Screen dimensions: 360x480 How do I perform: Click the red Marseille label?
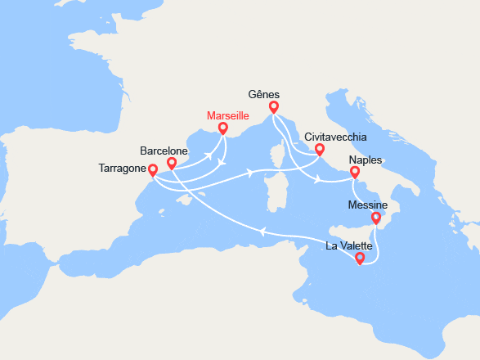click(227, 116)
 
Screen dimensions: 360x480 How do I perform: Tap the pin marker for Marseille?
click(223, 128)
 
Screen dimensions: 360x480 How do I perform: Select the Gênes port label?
click(264, 94)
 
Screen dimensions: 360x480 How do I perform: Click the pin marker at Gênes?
click(274, 107)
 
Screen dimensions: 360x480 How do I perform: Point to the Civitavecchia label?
click(335, 137)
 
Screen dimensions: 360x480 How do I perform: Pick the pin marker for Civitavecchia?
click(319, 150)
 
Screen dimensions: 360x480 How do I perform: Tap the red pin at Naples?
click(355, 173)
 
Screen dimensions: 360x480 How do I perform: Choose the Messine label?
click(369, 205)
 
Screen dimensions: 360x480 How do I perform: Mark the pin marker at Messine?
click(376, 218)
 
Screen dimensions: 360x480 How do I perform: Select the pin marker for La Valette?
click(360, 259)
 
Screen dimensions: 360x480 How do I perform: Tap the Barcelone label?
click(164, 151)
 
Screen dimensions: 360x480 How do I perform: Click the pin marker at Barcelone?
click(172, 164)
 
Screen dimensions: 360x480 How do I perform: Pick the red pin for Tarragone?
click(153, 170)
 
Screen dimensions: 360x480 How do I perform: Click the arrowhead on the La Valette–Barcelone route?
click(262, 232)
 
